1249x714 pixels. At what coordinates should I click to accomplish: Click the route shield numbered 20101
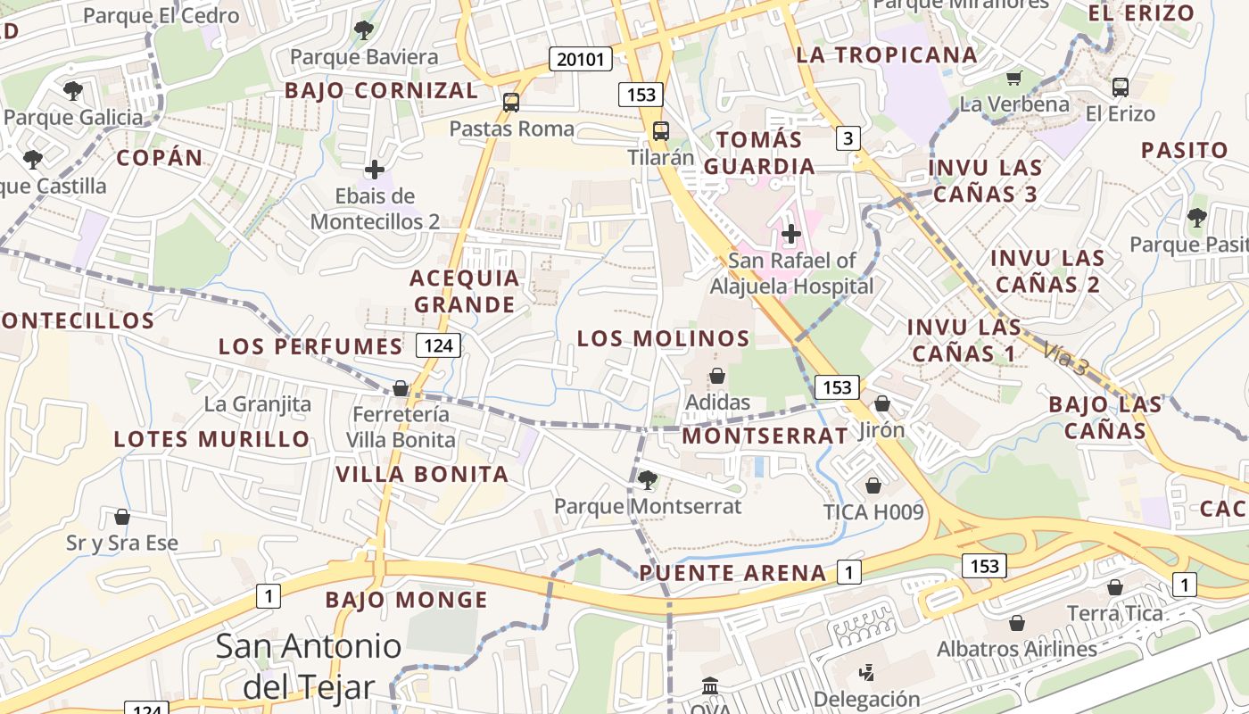click(580, 60)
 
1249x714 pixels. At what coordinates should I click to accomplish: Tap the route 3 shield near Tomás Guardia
click(848, 138)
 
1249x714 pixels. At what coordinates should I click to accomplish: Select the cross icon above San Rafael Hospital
click(790, 234)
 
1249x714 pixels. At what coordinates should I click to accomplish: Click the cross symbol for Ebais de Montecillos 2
click(375, 169)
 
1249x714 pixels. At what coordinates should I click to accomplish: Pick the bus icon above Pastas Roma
click(511, 102)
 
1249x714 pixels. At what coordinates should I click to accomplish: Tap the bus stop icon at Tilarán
click(661, 130)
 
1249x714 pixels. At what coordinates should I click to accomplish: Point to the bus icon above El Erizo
click(1121, 87)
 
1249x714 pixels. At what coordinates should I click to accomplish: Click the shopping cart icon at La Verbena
click(1013, 78)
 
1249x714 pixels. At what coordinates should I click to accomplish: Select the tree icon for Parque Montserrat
click(648, 480)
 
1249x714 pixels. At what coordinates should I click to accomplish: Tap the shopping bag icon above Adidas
click(717, 376)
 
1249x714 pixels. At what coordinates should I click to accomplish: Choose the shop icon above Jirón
click(882, 403)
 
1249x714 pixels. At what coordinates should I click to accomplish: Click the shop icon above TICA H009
click(873, 485)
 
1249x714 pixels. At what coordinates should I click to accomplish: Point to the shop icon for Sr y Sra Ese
click(122, 517)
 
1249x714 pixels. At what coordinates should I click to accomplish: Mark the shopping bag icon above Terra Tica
click(1114, 587)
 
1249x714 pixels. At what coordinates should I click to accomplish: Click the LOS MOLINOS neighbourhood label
click(663, 338)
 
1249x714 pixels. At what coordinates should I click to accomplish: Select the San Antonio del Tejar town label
click(309, 666)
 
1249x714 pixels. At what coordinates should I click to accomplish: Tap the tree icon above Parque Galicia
click(73, 90)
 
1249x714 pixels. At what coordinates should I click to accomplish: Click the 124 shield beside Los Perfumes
click(438, 345)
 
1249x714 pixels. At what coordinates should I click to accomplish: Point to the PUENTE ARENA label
click(732, 573)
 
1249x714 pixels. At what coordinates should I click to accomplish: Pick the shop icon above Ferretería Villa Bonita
click(401, 388)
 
